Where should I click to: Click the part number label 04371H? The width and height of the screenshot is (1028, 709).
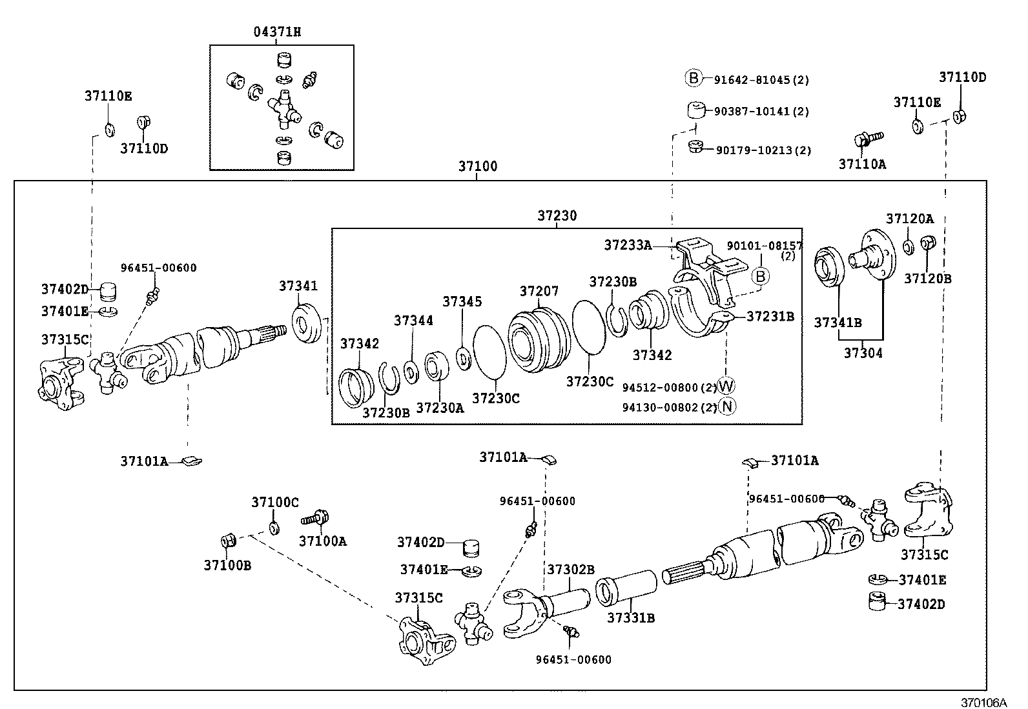(276, 32)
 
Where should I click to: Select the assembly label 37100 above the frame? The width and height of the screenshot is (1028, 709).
(478, 166)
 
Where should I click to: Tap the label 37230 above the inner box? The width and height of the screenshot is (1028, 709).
(557, 215)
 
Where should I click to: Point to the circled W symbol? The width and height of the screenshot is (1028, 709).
(726, 386)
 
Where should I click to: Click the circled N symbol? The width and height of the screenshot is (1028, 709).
(726, 406)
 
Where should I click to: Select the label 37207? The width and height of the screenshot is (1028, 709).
(539, 292)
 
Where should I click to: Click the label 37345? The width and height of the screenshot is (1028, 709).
(462, 302)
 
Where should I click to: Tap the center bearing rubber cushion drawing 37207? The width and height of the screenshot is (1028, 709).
(538, 342)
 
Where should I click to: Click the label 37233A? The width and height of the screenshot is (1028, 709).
(628, 245)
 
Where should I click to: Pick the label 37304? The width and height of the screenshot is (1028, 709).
(863, 353)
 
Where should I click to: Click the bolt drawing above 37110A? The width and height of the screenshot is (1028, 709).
(867, 139)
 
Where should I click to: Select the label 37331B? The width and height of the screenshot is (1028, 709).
(631, 618)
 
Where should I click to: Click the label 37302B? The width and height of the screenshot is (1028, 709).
(570, 569)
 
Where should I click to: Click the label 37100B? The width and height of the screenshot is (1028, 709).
(227, 566)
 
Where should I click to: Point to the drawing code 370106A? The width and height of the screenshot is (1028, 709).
(983, 702)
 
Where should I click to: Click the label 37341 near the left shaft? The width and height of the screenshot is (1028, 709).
(298, 286)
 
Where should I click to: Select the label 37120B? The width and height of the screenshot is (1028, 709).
(927, 279)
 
